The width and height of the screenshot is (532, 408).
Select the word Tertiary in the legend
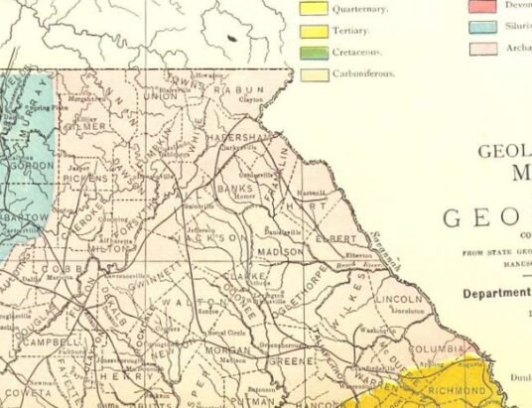352,31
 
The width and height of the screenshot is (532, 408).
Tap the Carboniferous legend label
364,72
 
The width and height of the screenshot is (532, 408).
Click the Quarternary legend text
359,10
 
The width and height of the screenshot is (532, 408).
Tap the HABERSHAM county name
239,137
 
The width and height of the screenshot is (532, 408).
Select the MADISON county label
281,252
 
